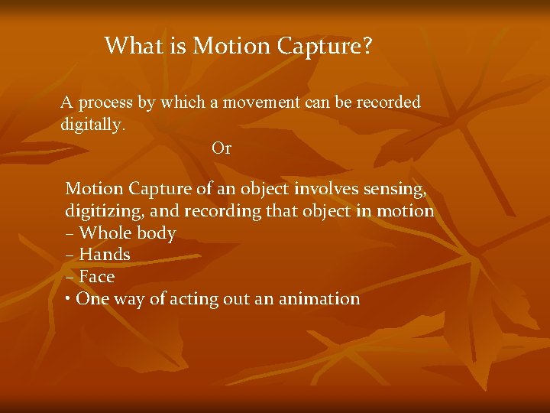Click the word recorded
tap(387, 102)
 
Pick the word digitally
tap(92, 125)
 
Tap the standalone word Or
tap(222, 148)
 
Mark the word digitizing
tap(104, 212)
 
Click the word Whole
tap(106, 233)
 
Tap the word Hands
tap(105, 255)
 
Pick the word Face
tap(97, 277)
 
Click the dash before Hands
tap(70, 255)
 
